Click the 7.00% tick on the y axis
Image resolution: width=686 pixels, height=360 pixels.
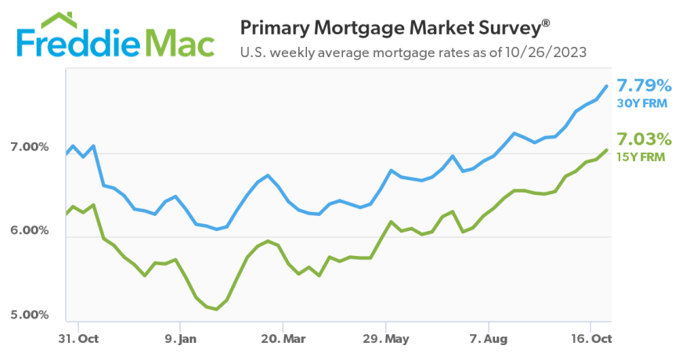click(x=29, y=147)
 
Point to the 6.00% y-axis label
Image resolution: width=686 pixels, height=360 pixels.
click(x=29, y=231)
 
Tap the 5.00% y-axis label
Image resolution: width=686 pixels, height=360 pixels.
click(x=29, y=315)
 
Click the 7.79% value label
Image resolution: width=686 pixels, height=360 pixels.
click(x=644, y=85)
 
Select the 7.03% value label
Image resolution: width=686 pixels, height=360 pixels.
click(x=644, y=139)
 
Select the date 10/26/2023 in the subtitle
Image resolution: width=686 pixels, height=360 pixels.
click(x=548, y=53)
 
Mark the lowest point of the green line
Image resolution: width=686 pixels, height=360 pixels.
click(x=215, y=309)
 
